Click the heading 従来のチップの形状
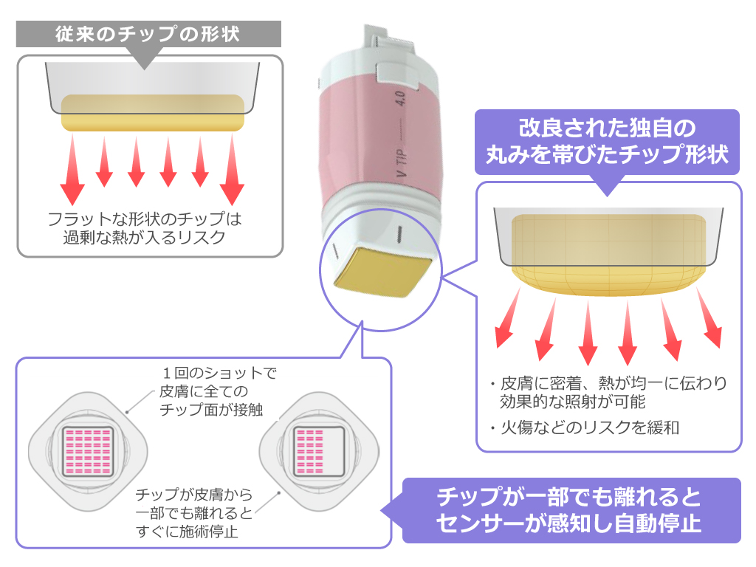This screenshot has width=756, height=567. (x=148, y=35)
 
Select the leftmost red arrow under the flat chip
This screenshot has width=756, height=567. (x=72, y=170)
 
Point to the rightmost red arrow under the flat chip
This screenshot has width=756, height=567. (x=233, y=170)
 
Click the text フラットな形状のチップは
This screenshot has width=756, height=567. (x=145, y=219)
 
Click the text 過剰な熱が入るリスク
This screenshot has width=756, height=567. (x=145, y=237)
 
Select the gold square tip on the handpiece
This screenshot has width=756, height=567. (x=382, y=269)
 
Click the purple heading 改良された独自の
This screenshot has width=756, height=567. (x=606, y=129)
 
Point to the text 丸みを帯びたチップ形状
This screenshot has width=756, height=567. (x=606, y=155)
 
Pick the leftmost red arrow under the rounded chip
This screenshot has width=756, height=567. (x=509, y=318)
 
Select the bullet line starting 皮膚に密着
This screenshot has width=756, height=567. (x=613, y=384)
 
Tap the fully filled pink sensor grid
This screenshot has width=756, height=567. (x=89, y=452)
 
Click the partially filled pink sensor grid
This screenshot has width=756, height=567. (x=319, y=452)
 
